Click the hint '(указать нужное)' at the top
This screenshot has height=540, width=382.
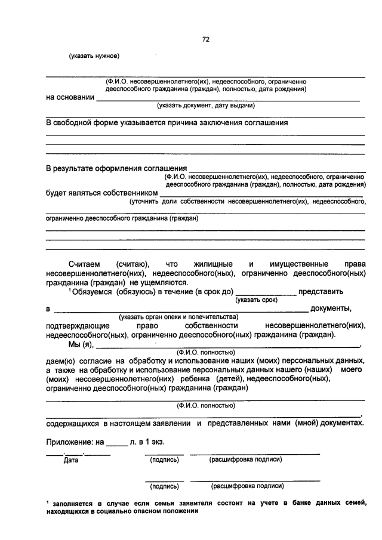94,57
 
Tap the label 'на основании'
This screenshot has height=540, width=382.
70,98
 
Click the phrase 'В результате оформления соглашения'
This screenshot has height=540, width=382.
116,168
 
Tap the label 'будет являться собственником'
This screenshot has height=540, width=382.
102,193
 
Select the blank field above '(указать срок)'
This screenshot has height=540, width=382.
267,293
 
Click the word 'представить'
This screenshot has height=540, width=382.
321,292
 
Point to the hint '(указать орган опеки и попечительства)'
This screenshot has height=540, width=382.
178,316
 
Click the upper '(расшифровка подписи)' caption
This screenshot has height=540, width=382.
245,459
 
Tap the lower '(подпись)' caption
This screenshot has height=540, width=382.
164,486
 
